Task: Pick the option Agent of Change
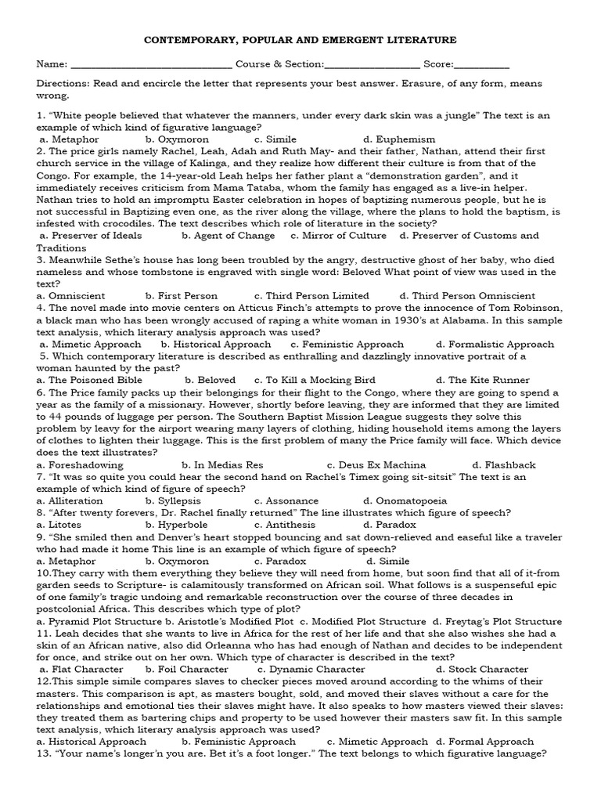click(x=229, y=235)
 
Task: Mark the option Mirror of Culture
click(x=339, y=235)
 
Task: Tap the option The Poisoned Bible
click(x=87, y=380)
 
